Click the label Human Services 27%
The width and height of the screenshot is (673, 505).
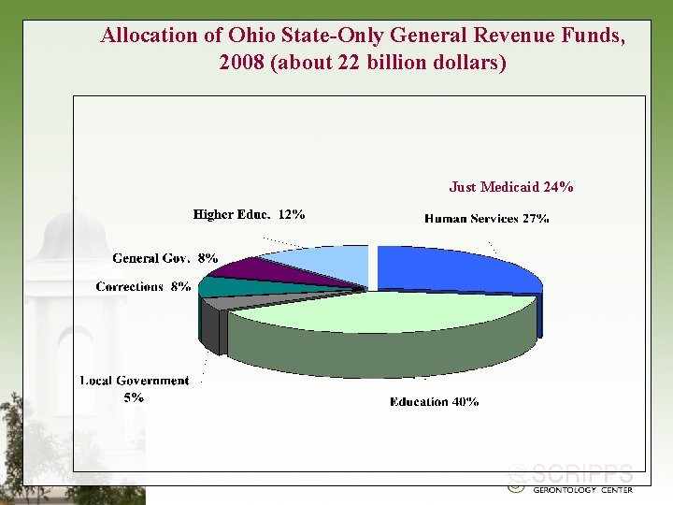[486, 219]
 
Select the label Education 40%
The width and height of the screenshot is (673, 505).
[435, 401]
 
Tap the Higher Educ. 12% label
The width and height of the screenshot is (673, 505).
[249, 214]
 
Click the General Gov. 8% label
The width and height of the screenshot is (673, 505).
[165, 257]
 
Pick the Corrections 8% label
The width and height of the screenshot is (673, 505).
[143, 286]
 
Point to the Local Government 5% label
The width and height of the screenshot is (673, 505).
[134, 388]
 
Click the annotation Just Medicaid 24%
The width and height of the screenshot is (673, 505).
[511, 187]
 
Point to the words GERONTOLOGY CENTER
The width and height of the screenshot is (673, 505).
[582, 489]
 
